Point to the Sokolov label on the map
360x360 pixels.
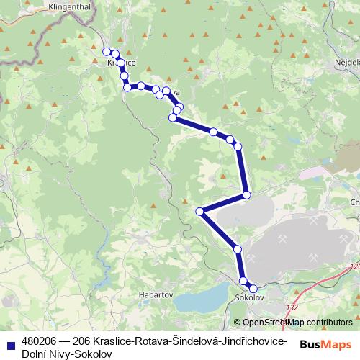coord(251,297)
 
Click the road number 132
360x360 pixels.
coord(292,307)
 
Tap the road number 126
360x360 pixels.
coord(354,267)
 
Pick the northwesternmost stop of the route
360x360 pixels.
coord(107,51)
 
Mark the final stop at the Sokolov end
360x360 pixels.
coord(253,289)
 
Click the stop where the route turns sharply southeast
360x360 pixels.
coord(200,211)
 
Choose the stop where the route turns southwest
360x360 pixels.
coord(246,194)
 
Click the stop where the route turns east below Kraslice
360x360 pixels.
coord(127,87)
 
